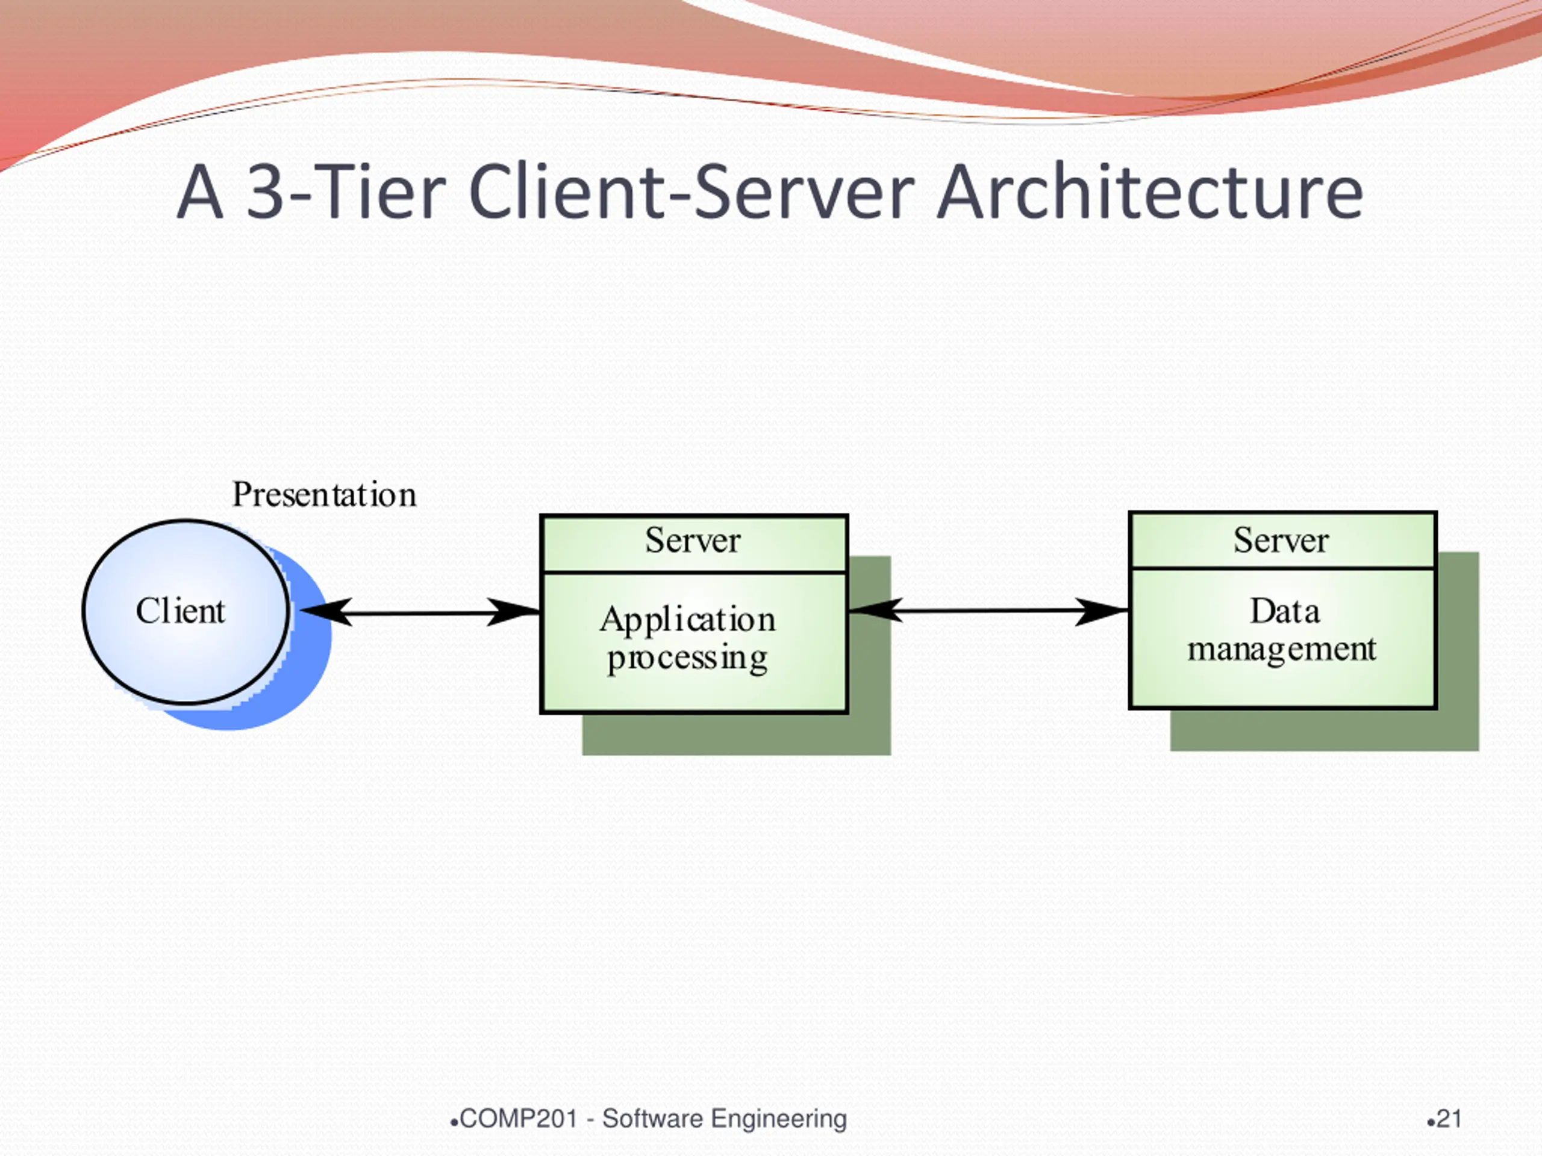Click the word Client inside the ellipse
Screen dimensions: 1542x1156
coord(180,611)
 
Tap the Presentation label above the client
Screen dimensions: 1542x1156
coord(324,495)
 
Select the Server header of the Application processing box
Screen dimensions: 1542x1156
coord(692,541)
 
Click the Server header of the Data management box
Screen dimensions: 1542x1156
coord(1281,540)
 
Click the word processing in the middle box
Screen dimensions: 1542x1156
coord(687,659)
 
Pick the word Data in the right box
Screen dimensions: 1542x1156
coord(1284,612)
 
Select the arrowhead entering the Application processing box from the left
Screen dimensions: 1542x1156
coord(514,612)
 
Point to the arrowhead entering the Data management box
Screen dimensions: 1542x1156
coord(1102,611)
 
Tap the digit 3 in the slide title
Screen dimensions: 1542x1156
coord(266,190)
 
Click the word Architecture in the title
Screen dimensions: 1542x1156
coord(1149,190)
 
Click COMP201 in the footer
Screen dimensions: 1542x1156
coord(519,1119)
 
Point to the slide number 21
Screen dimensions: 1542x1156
coord(1449,1119)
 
